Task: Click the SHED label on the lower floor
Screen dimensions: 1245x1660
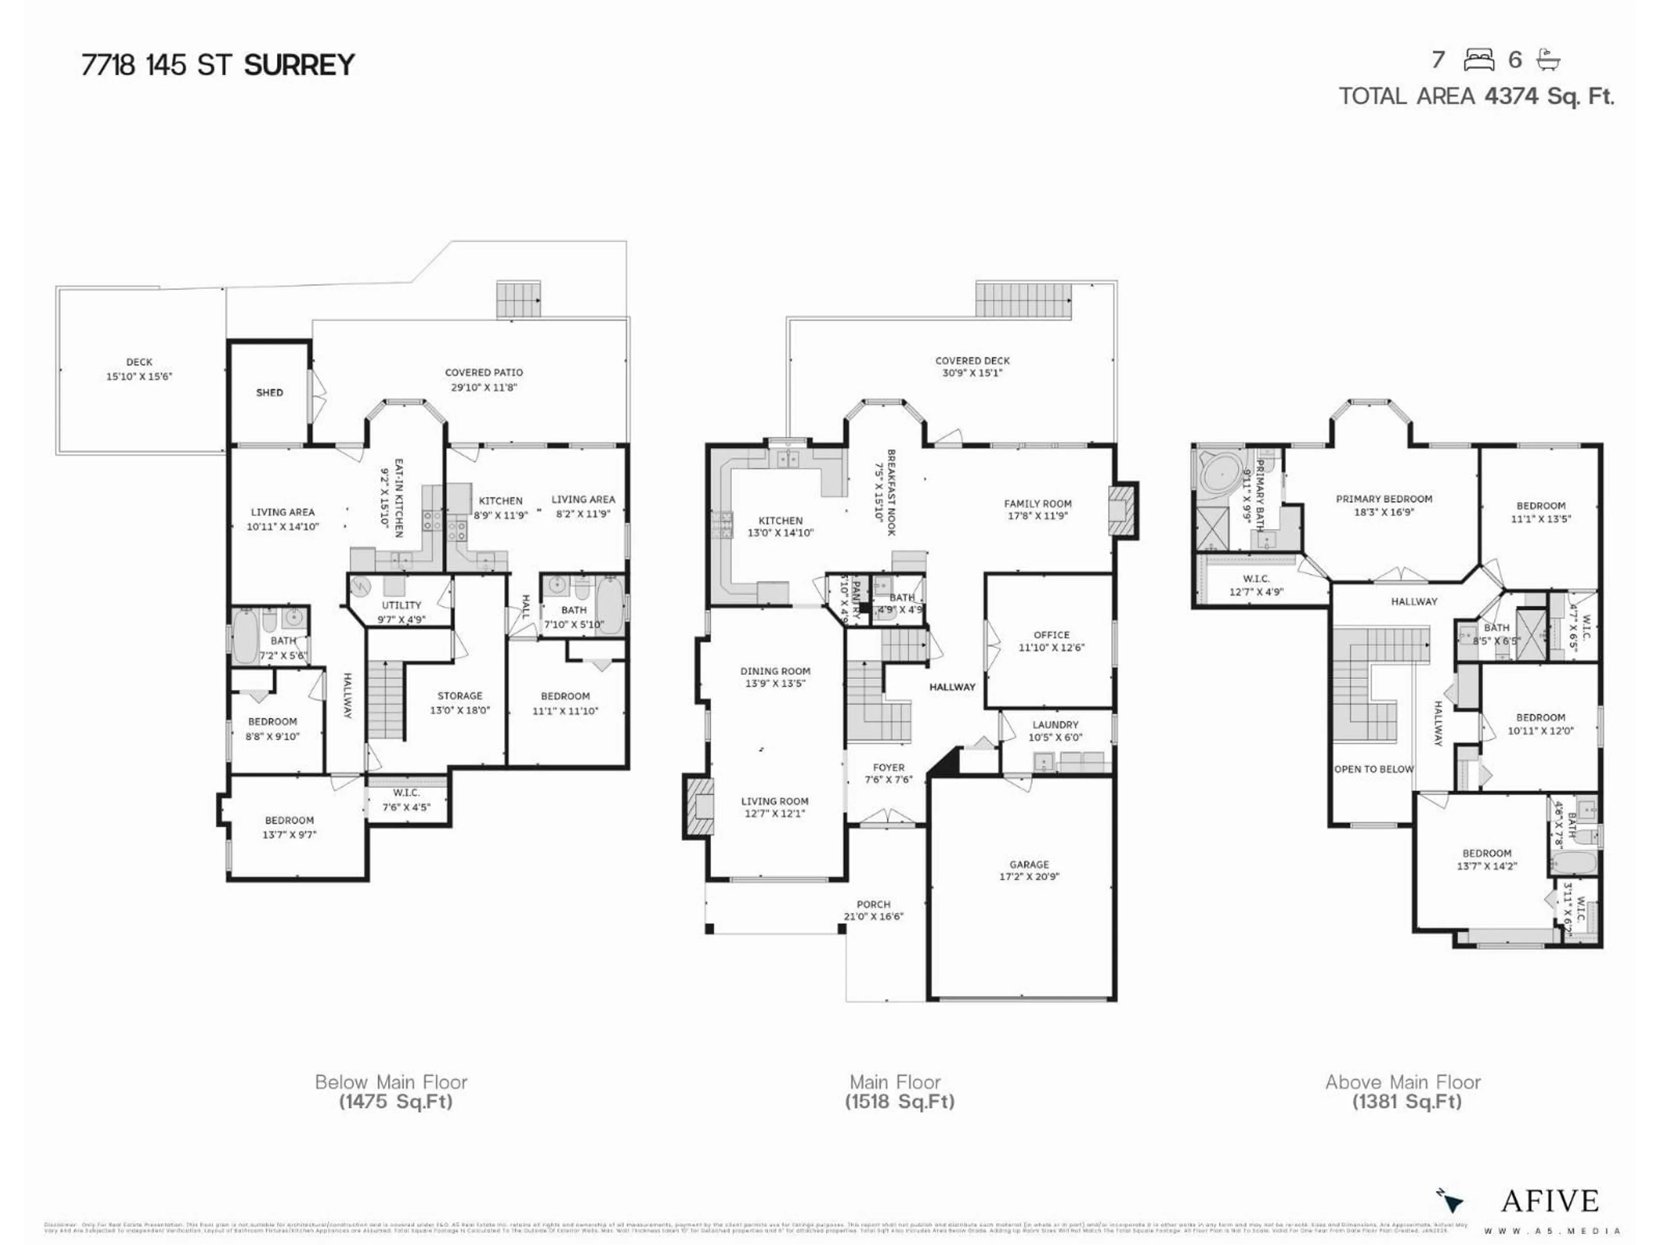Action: (269, 393)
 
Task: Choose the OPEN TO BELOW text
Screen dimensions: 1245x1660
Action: (1373, 769)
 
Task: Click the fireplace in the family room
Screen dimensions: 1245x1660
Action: (1123, 510)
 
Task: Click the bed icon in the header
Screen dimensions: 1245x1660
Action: (1478, 60)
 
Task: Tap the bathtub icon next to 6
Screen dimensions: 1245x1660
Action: (1548, 60)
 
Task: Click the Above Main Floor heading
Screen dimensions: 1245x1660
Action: (1403, 1082)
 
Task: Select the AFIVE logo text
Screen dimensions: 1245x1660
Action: (1549, 1201)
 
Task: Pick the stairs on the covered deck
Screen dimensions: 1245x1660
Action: (1023, 300)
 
